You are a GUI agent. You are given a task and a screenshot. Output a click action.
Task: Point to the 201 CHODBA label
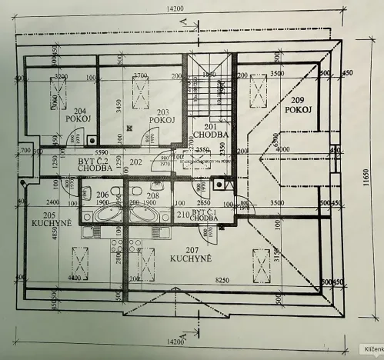(x=210, y=131)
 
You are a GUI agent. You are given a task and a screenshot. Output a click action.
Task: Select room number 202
(x=136, y=162)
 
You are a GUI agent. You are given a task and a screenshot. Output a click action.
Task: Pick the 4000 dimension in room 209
(x=282, y=148)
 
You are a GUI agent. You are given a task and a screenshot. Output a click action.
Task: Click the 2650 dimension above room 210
(x=204, y=201)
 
